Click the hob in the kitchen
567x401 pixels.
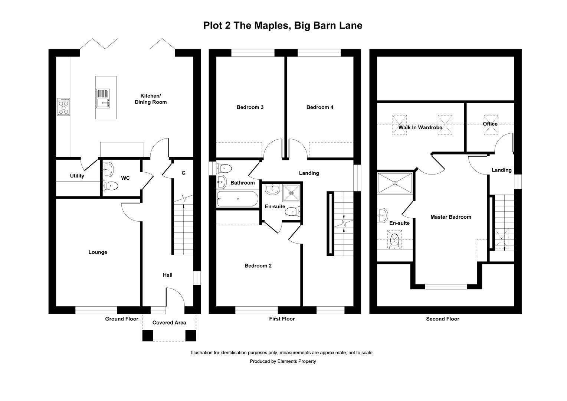tap(64, 107)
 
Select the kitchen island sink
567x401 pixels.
tap(103, 98)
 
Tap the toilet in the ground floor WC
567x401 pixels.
tap(111, 185)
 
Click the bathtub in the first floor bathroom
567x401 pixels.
tap(237, 199)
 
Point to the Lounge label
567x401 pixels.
tap(98, 252)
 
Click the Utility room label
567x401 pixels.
tap(77, 176)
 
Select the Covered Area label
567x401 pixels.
tap(169, 323)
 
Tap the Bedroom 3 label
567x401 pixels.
tap(250, 107)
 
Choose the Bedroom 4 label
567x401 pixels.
tap(320, 107)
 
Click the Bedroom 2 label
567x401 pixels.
tap(258, 266)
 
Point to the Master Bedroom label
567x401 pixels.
tap(450, 217)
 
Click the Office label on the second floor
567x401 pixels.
tap(490, 124)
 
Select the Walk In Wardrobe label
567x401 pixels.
tap(420, 127)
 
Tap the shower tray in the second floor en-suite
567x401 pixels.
tap(395, 183)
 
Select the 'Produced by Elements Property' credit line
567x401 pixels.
tap(283, 361)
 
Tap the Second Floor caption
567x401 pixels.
tap(442, 319)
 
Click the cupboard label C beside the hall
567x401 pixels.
tap(183, 173)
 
